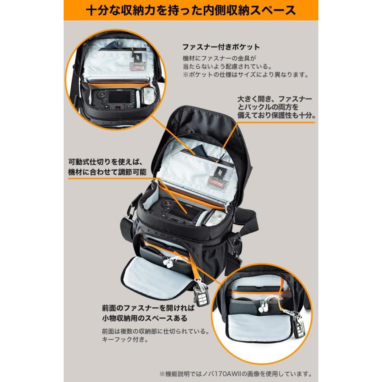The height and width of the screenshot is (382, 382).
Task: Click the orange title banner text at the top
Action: pyautogui.click(x=191, y=10)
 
